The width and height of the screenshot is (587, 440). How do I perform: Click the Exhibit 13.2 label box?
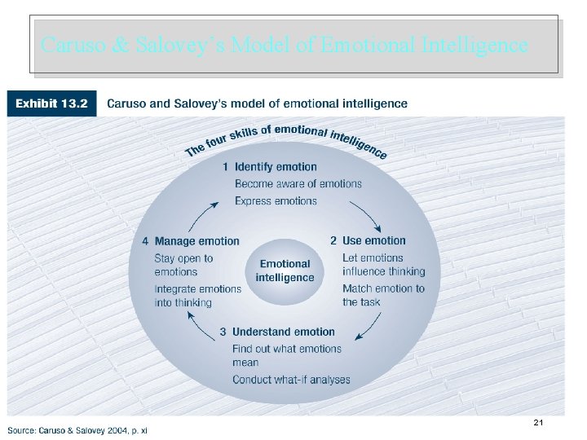pos(51,103)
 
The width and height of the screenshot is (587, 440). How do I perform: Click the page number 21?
pos(538,423)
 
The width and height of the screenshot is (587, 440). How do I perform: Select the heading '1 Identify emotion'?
pos(270,167)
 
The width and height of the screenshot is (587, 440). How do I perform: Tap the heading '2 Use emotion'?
pos(368,240)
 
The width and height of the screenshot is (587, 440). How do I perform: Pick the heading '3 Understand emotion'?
pos(277,332)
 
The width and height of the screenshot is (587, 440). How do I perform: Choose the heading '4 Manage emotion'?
pos(191,241)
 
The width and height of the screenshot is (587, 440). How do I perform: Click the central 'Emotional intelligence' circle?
pos(285,271)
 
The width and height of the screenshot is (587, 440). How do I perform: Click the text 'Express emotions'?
pos(276,200)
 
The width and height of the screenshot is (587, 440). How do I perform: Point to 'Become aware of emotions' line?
pos(298,184)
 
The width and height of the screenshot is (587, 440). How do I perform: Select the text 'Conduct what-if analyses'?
pos(291,380)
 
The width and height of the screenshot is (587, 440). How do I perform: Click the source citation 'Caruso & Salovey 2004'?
pos(77,430)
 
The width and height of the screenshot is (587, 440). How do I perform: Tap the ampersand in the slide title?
pos(116,45)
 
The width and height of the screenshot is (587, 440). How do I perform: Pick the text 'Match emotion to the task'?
pos(383,295)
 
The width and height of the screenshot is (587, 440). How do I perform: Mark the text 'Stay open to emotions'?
pos(183,265)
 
